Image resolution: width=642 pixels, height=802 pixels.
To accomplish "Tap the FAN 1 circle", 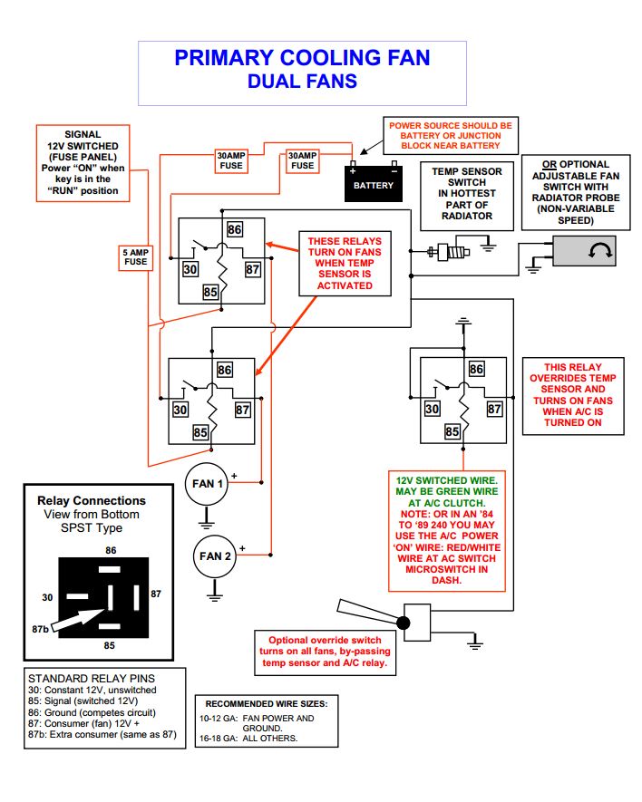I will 207,484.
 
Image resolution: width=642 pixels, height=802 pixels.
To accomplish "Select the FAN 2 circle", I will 215,556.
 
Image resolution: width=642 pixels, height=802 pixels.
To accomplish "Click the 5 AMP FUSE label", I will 135,256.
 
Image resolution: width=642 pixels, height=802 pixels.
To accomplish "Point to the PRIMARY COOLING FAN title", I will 302,58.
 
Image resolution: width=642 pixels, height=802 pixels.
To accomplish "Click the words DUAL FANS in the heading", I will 302,82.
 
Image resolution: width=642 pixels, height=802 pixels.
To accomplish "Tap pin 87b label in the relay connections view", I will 38,627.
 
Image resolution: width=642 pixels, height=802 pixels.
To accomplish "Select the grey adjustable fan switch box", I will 586,251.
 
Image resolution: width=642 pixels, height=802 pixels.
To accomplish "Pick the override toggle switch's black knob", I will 404,623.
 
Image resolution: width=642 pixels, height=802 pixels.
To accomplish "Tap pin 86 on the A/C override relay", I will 476,370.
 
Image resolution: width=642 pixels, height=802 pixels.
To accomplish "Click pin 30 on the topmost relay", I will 190,268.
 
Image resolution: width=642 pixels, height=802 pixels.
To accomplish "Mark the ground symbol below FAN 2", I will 215,594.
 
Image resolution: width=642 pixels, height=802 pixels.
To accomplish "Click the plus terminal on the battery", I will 353,168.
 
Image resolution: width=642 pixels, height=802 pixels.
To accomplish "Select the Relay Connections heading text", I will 91,500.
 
